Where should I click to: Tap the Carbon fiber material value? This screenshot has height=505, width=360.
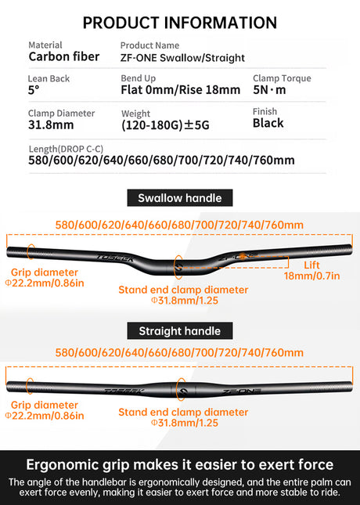coord(64,56)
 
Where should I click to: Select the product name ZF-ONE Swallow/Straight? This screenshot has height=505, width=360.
coord(182,58)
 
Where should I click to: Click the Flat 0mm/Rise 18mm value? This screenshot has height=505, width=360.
coord(180,90)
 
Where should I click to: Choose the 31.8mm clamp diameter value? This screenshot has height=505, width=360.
coord(52,124)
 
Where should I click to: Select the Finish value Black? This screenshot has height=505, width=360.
coord(268,123)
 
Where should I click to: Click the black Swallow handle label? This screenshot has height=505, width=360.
coord(180,198)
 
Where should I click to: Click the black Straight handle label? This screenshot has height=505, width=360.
coord(180,330)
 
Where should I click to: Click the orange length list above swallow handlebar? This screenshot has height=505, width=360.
coord(179,225)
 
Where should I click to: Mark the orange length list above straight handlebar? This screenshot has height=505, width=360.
coord(179,353)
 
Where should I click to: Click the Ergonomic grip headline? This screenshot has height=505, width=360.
coord(180,464)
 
